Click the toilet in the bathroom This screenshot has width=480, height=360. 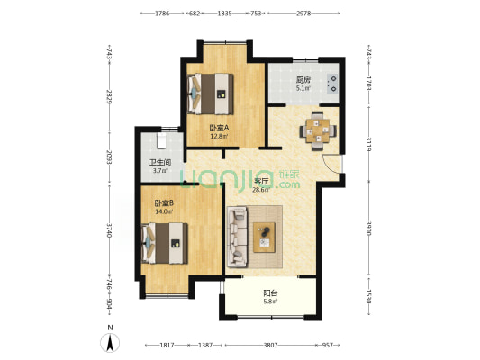161,140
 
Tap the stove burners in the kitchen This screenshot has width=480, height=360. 332,84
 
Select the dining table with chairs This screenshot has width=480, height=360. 318,130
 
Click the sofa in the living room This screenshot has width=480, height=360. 237,237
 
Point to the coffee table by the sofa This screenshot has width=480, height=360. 264,238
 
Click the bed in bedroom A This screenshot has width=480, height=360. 210,94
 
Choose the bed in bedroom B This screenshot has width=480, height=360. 165,243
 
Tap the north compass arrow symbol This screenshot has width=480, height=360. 110,343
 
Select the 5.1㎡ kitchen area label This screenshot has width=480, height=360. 303,89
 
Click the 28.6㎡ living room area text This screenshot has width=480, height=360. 261,190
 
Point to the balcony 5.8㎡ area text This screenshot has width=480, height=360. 270,301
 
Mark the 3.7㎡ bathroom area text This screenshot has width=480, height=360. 160,171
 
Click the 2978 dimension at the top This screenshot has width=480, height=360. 303,13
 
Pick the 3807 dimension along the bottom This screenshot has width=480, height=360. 270,345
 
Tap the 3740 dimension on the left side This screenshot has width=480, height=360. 109,229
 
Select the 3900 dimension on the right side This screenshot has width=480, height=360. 368,229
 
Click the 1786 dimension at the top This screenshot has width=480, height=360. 162,13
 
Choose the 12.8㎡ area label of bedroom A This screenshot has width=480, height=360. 219,137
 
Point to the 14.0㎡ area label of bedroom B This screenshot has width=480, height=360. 164,211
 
